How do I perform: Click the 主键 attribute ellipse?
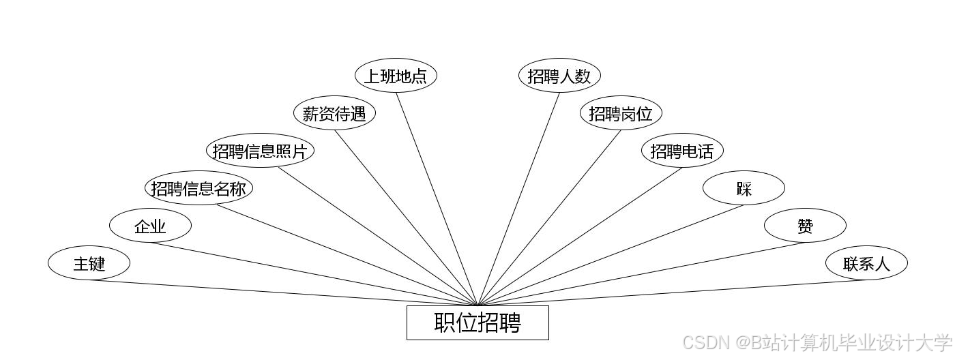click(89, 262)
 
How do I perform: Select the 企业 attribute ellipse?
click(150, 226)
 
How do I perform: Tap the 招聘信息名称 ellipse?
click(199, 188)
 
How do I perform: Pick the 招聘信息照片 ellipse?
click(260, 151)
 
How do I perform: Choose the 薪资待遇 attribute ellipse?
click(334, 113)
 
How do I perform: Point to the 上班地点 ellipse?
click(396, 76)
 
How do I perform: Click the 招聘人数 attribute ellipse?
click(559, 76)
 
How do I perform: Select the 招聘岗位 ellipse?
click(621, 113)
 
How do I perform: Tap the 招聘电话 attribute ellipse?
click(682, 151)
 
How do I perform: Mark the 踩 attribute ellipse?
click(744, 188)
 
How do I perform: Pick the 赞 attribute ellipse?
click(805, 226)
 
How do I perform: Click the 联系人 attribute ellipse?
click(866, 262)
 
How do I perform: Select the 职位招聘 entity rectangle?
click(477, 322)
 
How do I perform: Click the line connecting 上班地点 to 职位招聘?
click(437, 198)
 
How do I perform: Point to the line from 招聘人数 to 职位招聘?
click(518, 198)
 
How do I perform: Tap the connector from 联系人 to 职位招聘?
click(672, 292)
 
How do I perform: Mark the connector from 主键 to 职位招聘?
click(283, 292)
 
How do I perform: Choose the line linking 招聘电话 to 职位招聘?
click(580, 237)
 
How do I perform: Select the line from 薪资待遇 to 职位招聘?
click(406, 217)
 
